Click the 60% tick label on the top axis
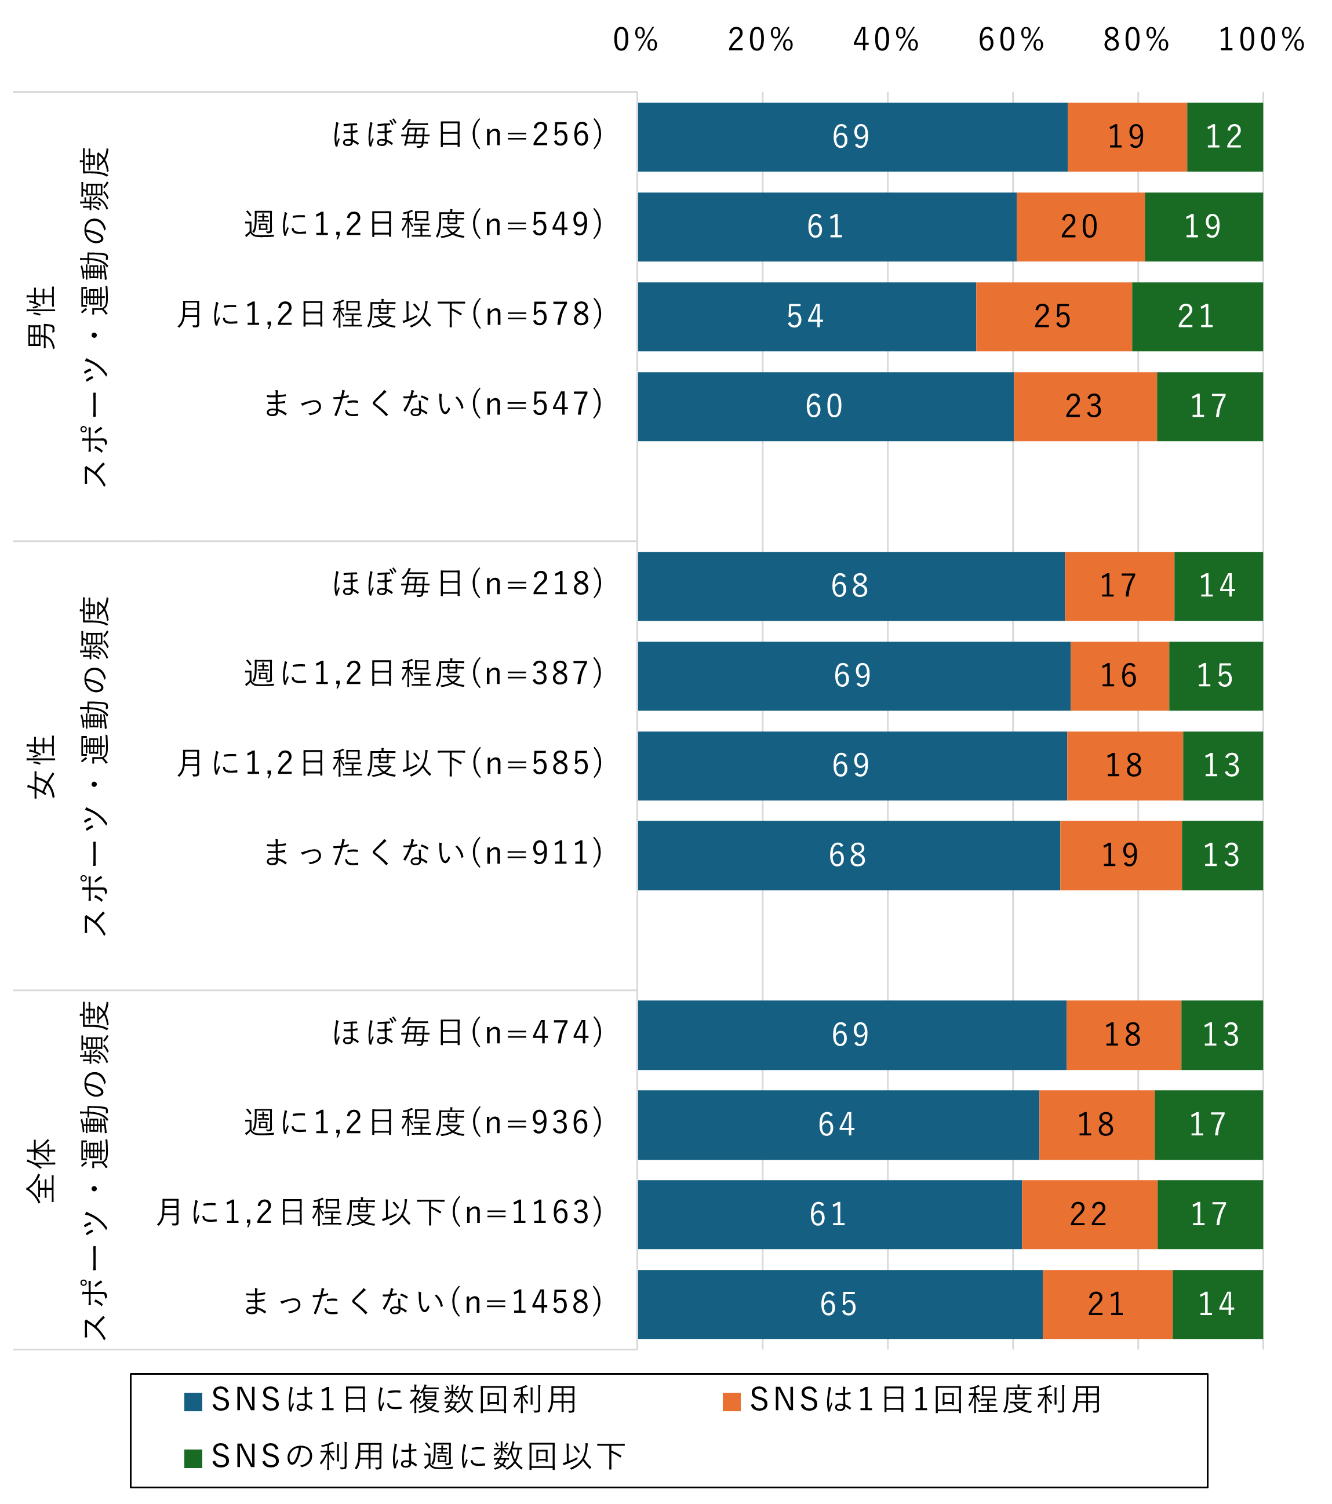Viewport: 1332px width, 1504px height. (x=1011, y=40)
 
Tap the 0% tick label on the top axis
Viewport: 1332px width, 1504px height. (x=636, y=40)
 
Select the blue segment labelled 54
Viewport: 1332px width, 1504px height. (x=806, y=316)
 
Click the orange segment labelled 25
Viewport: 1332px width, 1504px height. (x=1054, y=316)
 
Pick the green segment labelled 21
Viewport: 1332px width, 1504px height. (x=1198, y=316)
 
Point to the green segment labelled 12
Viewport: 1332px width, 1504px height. (x=1225, y=137)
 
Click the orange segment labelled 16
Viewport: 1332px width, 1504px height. (x=1119, y=675)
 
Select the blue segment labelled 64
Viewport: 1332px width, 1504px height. (x=838, y=1124)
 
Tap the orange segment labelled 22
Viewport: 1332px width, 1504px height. (x=1089, y=1214)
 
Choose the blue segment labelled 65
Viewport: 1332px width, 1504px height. (x=840, y=1304)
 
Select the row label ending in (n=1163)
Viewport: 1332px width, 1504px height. (x=380, y=1212)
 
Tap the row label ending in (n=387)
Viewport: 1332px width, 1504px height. (x=424, y=674)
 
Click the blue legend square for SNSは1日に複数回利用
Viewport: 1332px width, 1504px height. (x=194, y=1401)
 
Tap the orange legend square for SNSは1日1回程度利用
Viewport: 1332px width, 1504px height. (x=731, y=1401)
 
